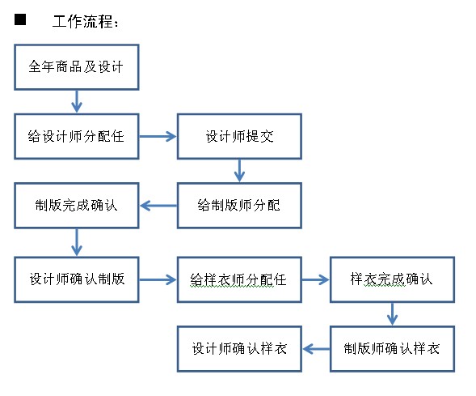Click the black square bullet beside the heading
20,19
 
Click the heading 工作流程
82,21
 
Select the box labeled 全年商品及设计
77,67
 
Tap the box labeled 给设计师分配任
77,137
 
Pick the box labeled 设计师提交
239,137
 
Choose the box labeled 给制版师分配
239,206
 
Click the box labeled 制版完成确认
77,206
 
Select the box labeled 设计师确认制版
77,279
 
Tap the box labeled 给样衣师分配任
239,279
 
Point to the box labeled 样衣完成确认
392,279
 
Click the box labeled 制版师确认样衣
392,349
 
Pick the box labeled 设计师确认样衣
239,349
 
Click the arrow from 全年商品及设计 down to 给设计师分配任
77,101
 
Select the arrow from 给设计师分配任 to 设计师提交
158,137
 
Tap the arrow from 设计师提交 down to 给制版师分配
239,171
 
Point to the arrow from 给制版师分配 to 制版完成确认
158,206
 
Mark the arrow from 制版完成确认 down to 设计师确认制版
77,242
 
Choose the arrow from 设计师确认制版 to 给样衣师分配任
158,279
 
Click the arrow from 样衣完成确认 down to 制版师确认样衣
392,314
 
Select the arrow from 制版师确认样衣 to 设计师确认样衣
316,349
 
